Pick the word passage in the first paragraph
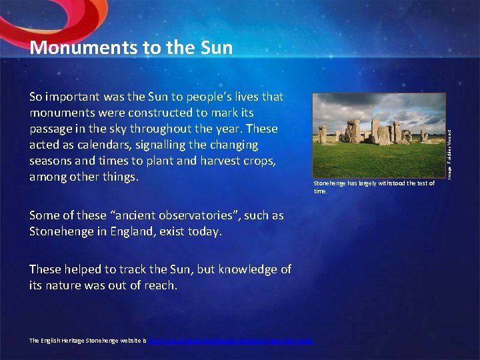tap(53, 129)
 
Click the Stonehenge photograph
tap(378, 135)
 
